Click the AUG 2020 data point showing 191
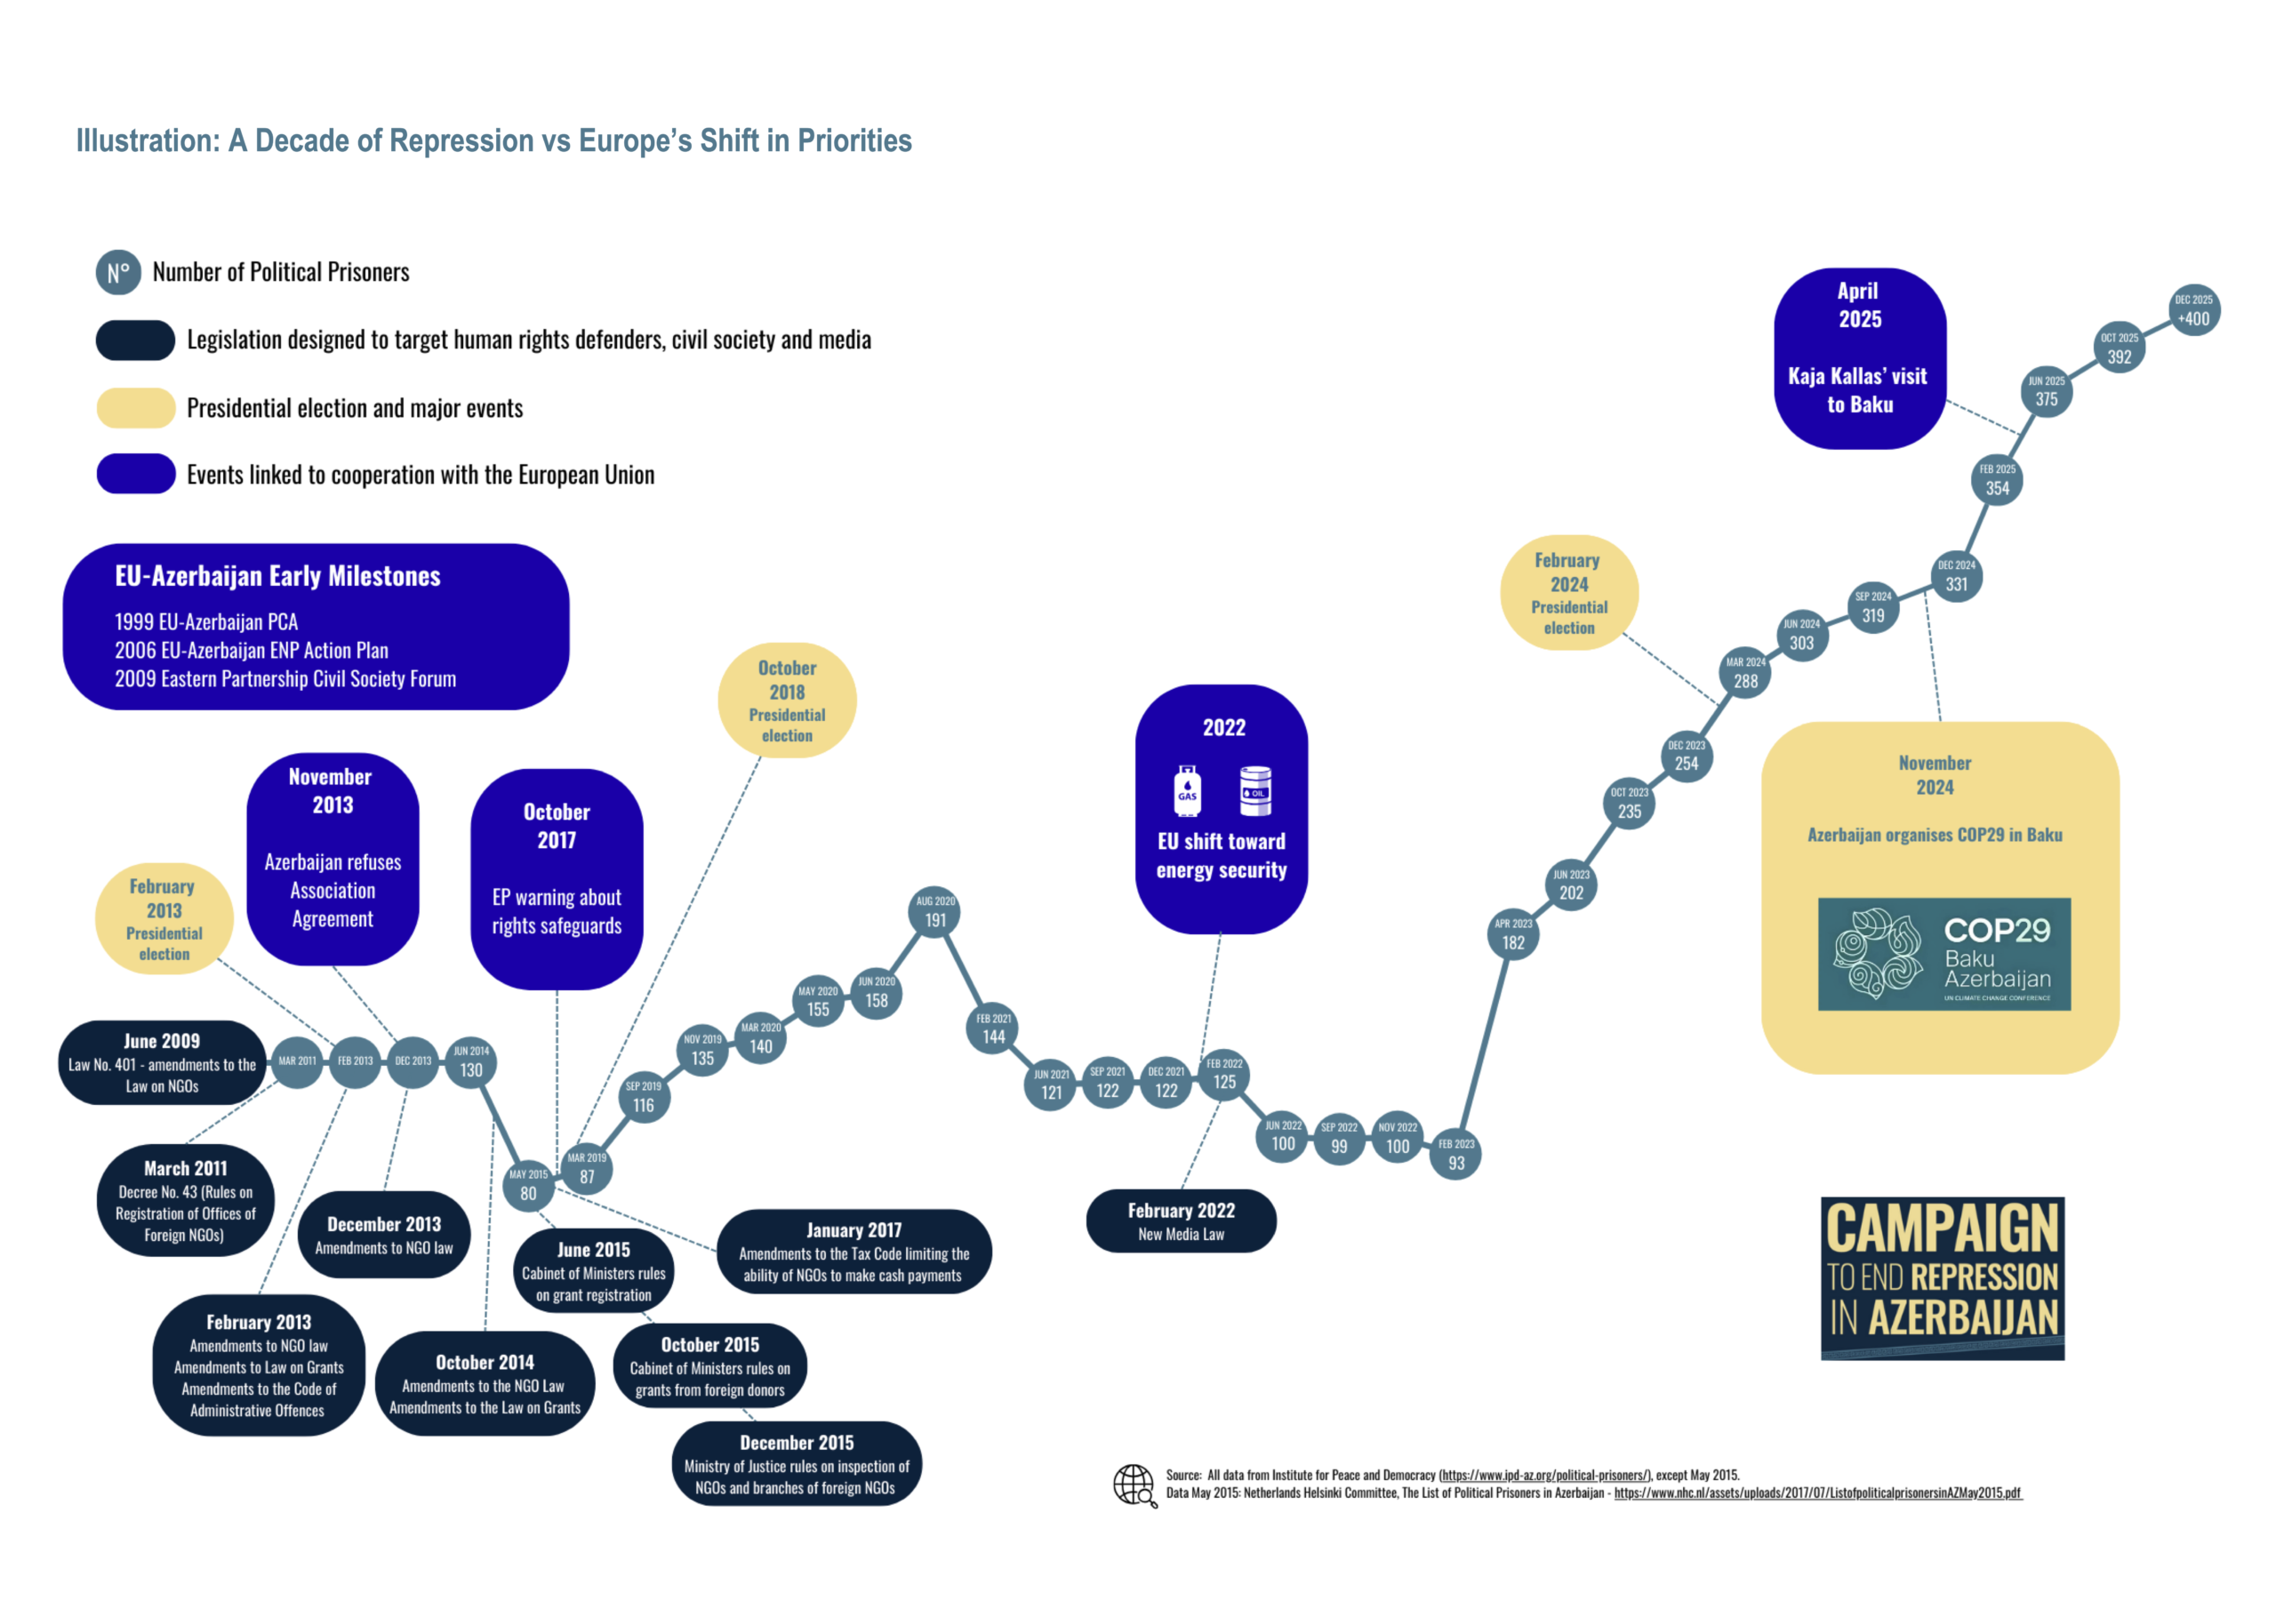click(934, 912)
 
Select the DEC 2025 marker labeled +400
click(2192, 310)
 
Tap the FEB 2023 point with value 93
click(1455, 1155)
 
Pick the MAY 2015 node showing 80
click(528, 1186)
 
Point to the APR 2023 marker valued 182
click(1512, 935)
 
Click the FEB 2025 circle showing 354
click(1997, 480)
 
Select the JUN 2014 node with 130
click(471, 1063)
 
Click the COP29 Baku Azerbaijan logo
click(1943, 954)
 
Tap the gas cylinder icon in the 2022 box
click(1188, 790)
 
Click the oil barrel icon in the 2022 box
click(1255, 790)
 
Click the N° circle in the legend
click(118, 273)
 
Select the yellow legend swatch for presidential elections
click(136, 407)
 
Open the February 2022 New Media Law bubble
click(1181, 1221)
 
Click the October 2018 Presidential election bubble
click(787, 700)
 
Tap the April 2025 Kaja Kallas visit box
click(1859, 358)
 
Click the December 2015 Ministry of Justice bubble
click(796, 1463)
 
